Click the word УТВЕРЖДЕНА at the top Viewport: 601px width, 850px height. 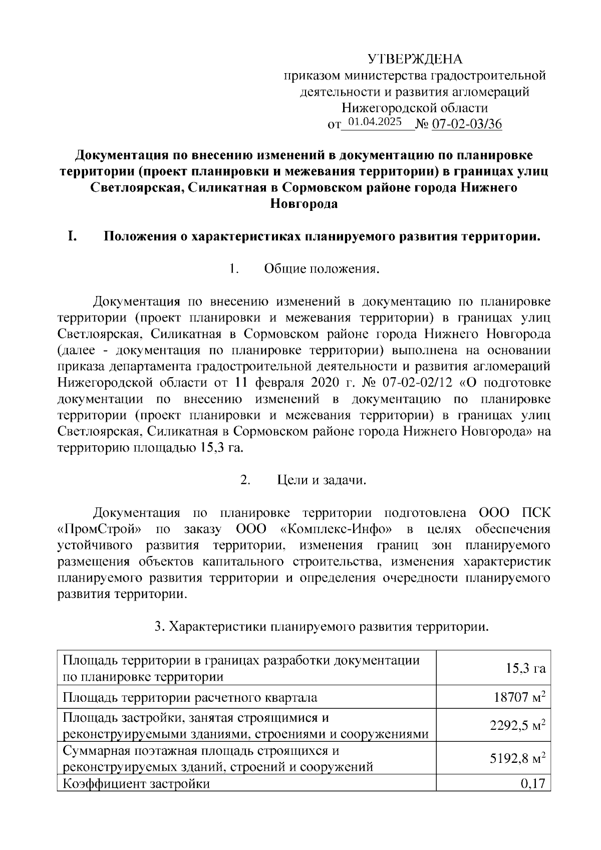(x=415, y=59)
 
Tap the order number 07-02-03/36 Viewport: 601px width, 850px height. (x=467, y=124)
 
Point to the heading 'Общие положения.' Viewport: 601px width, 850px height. (x=321, y=269)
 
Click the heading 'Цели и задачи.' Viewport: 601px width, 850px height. (x=322, y=480)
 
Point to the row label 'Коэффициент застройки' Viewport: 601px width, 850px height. (x=136, y=783)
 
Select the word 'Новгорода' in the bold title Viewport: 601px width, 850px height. (x=304, y=204)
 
